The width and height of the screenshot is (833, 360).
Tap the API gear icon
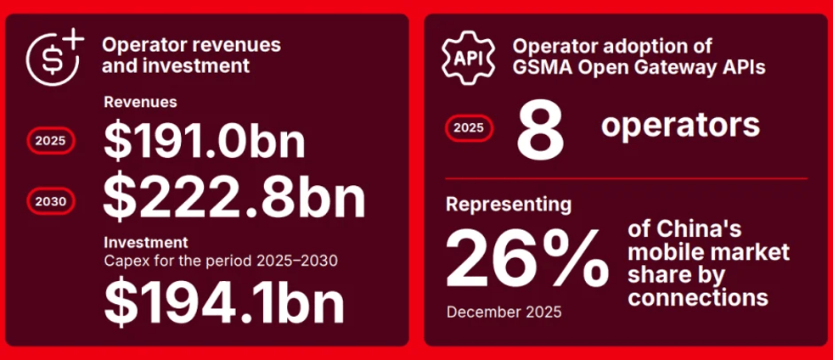click(468, 58)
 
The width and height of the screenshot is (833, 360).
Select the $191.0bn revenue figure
click(204, 141)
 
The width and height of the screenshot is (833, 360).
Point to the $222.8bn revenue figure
click(234, 199)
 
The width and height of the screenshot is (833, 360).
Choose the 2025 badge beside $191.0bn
click(50, 141)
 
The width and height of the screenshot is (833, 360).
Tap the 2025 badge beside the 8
click(469, 128)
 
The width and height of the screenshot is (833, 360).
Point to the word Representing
click(509, 205)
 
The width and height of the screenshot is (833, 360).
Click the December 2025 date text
click(504, 312)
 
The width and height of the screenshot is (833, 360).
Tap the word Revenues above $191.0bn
click(140, 101)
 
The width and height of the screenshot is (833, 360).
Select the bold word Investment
click(145, 243)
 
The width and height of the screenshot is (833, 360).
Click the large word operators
click(680, 126)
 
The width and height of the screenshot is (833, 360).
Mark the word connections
click(698, 297)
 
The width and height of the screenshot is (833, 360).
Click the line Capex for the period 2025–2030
click(221, 262)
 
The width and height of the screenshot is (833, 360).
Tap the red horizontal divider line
click(627, 178)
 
